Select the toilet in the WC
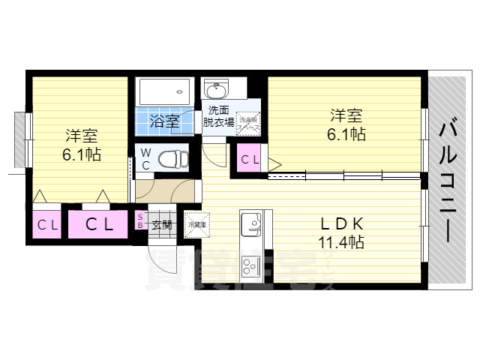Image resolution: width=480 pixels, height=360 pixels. coord(170,160)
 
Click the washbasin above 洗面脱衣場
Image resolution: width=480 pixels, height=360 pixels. coord(217,92)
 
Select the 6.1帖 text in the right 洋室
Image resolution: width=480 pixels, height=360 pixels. coord(346,134)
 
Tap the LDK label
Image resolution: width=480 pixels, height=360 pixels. coord(342,223)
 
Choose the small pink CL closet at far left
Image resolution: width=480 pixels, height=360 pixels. coord(47,224)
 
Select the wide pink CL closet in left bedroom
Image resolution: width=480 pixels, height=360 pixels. coord(98,223)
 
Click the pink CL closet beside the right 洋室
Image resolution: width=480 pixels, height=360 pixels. coord(250,159)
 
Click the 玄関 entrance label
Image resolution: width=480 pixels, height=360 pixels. coord(163,223)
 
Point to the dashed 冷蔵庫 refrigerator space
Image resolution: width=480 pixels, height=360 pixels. coord(196,223)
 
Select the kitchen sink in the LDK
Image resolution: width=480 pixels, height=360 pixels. coord(250,223)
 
